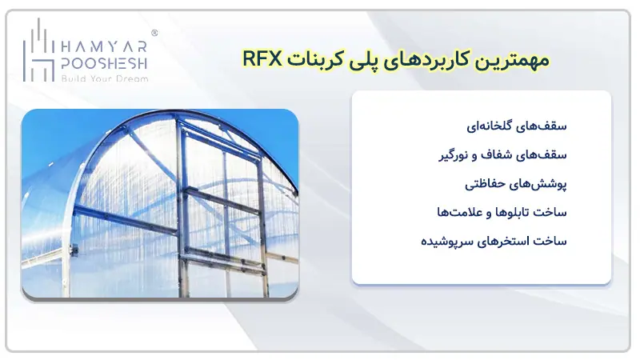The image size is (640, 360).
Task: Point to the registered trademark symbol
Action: (x=154, y=34)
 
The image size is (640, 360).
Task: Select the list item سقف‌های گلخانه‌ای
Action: (x=518, y=126)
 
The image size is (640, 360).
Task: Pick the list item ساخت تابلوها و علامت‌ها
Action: (x=500, y=212)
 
